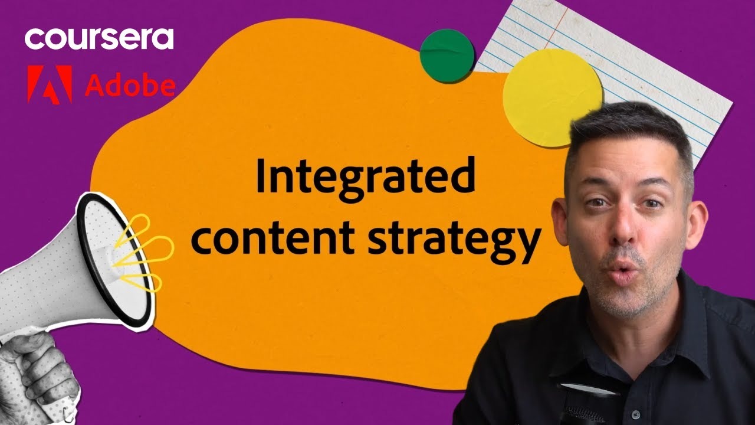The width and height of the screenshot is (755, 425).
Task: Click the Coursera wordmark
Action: pos(99,39)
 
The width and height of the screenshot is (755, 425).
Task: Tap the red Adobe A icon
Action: pos(50,84)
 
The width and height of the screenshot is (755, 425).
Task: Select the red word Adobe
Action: pos(130,86)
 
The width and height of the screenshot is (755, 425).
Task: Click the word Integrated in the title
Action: pos(365,179)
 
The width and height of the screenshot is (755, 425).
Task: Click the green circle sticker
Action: pos(447,55)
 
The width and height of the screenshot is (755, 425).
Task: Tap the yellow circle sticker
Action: pos(552,98)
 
